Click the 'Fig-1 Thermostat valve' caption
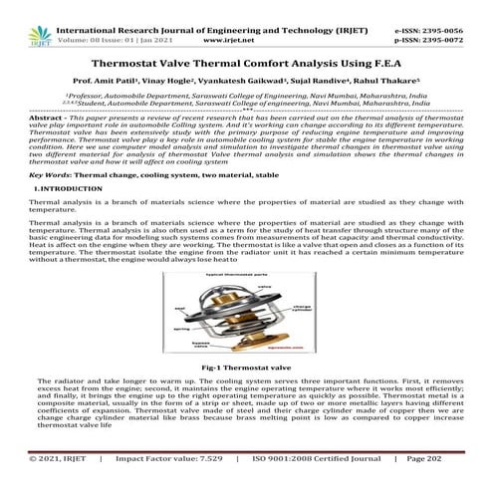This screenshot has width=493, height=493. tap(246, 368)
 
